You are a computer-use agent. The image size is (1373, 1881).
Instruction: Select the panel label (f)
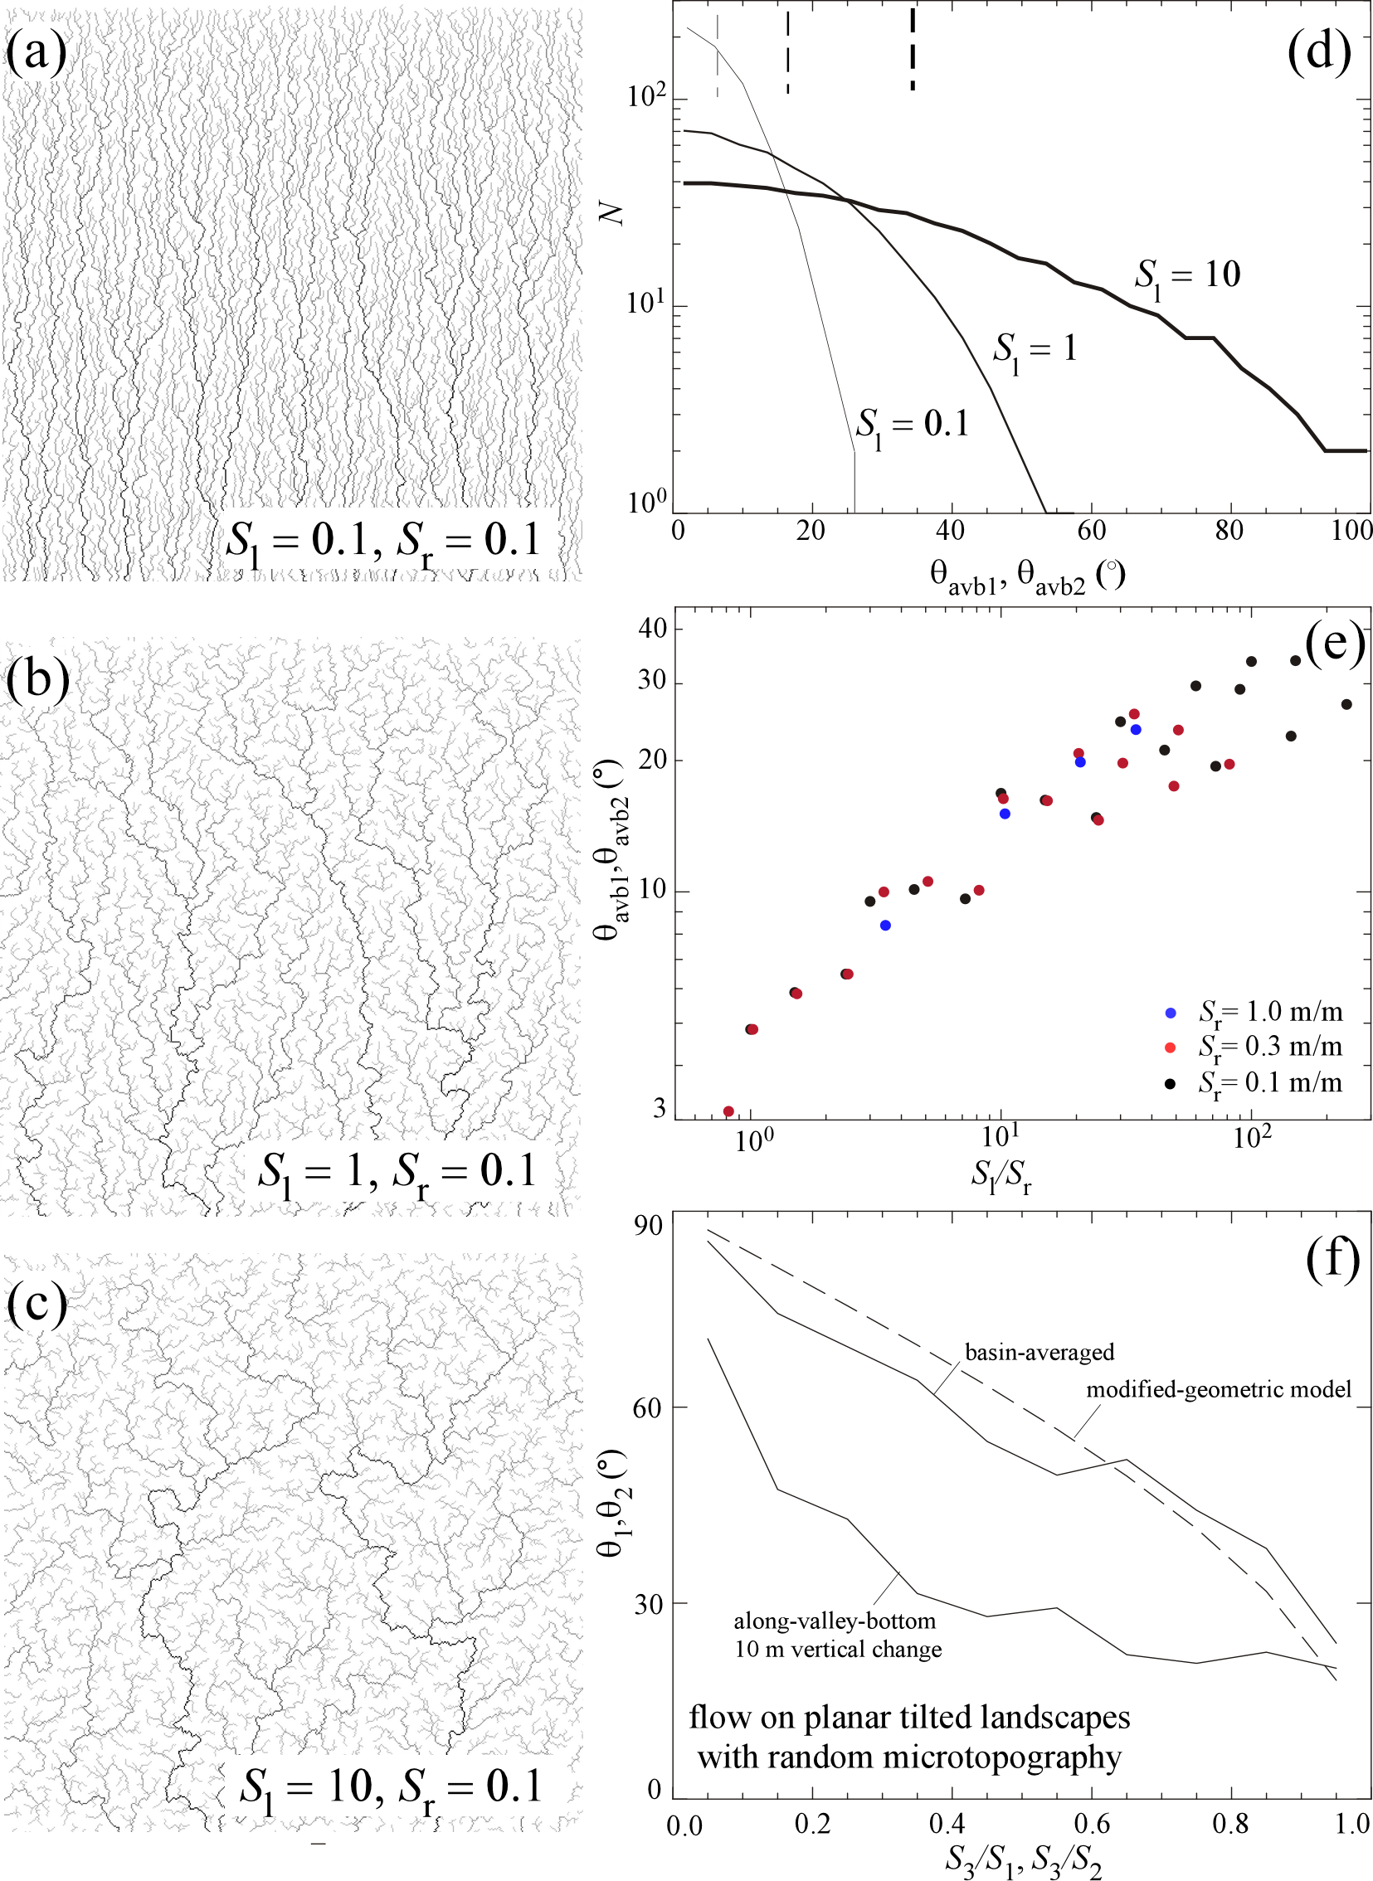[x=1332, y=1260]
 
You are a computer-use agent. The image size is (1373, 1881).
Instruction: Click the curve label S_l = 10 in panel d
[x=1188, y=276]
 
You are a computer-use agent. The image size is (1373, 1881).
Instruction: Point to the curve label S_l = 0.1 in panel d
[x=913, y=426]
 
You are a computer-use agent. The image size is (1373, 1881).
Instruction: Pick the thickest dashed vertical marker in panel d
[x=913, y=49]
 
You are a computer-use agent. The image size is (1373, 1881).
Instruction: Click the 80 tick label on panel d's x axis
[x=1229, y=530]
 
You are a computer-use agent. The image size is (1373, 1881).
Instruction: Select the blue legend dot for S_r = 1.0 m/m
[x=1171, y=1013]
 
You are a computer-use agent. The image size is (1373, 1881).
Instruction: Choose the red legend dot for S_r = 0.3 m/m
[x=1171, y=1047]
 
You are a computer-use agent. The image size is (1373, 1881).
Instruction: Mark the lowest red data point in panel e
[x=729, y=1111]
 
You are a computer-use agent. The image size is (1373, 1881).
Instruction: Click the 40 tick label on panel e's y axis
[x=652, y=628]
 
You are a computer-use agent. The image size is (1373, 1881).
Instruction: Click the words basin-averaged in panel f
[x=1039, y=1352]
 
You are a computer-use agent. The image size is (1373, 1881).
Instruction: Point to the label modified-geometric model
[x=1219, y=1389]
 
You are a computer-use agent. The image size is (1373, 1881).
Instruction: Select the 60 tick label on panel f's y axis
[x=647, y=1407]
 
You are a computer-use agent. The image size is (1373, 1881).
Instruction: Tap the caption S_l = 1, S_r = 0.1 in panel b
[x=397, y=1171]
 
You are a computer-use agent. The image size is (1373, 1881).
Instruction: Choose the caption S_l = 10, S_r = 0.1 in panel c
[x=391, y=1787]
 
